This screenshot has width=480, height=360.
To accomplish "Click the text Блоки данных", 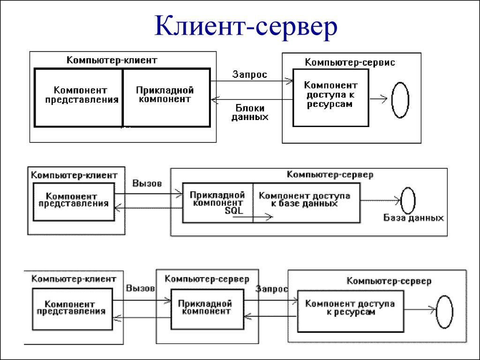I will pyautogui.click(x=250, y=113).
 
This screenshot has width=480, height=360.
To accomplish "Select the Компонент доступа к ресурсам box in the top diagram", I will pyautogui.click(x=330, y=97).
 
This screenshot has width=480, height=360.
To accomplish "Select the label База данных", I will pyautogui.click(x=413, y=218).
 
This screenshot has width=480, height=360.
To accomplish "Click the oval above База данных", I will pyautogui.click(x=408, y=200).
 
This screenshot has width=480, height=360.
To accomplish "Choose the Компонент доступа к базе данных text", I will pyautogui.click(x=305, y=200).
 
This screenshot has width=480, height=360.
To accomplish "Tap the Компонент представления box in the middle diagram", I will pyautogui.click(x=74, y=201).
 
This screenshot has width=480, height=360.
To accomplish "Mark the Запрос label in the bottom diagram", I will pyautogui.click(x=272, y=290).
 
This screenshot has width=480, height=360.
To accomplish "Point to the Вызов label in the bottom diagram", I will pyautogui.click(x=141, y=289).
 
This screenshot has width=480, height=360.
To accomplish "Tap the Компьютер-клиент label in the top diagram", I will pyautogui.click(x=112, y=60).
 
